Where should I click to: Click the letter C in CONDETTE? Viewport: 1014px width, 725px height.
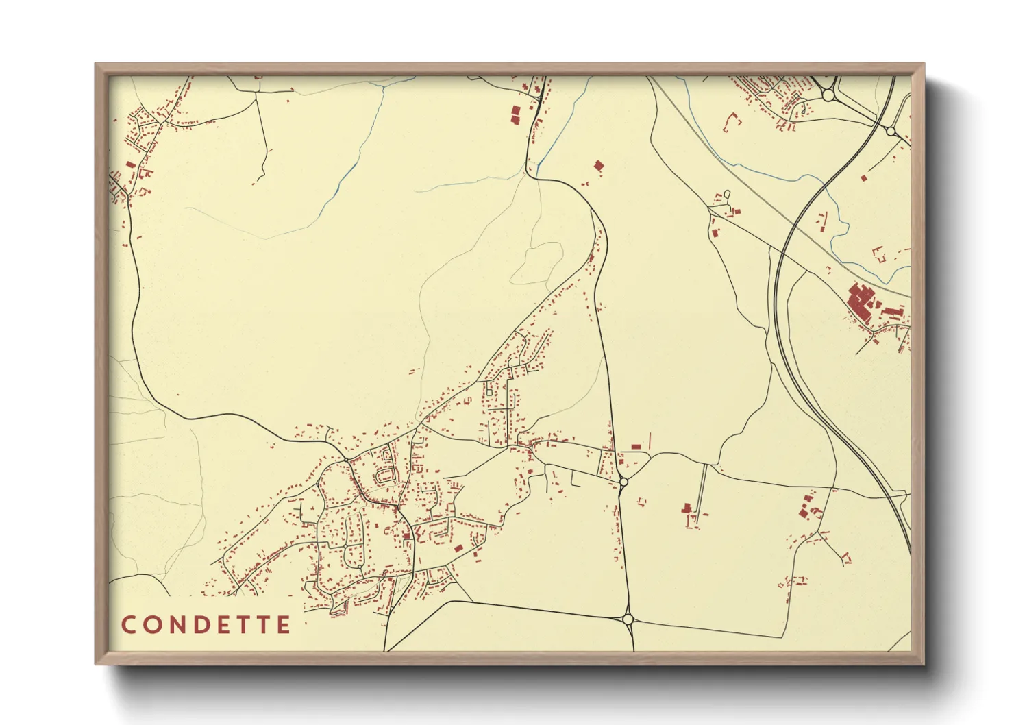[128, 625]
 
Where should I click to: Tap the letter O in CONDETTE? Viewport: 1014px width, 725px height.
[152, 625]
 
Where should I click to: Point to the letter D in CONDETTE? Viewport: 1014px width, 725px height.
[203, 625]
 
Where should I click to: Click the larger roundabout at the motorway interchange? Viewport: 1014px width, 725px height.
[829, 96]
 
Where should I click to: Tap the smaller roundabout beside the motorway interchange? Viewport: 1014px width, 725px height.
[891, 130]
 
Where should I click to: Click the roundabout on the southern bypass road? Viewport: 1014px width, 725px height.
[628, 619]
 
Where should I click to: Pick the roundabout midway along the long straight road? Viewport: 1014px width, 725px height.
[623, 482]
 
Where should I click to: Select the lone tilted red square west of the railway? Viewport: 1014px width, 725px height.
[599, 165]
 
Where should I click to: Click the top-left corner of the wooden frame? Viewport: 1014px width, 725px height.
[96, 64]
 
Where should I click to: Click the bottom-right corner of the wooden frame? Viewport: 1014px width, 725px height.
[924, 663]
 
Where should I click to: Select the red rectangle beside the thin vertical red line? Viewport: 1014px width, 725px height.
[636, 447]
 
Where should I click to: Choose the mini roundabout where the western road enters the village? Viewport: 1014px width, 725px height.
[347, 458]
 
